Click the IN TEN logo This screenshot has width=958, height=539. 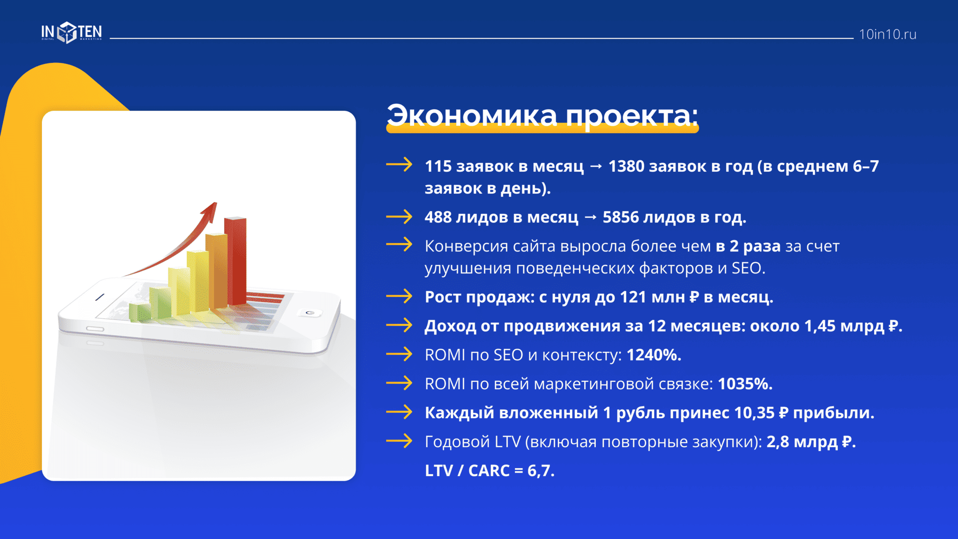click(71, 33)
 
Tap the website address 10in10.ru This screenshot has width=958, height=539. click(888, 34)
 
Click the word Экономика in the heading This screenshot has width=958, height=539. click(472, 116)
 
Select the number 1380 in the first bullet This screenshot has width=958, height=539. click(626, 166)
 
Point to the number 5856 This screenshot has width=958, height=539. click(621, 217)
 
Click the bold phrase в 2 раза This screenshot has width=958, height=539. click(748, 246)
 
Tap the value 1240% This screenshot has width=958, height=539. click(654, 355)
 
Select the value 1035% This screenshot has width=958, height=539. click(745, 384)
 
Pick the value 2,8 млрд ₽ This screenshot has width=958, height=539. click(811, 442)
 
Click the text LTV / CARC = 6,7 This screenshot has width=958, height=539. click(489, 471)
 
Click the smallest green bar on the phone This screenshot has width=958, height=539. click(140, 312)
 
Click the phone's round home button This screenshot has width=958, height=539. click(310, 312)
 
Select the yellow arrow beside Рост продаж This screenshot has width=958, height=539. click(399, 296)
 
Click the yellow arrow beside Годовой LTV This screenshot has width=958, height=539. click(399, 441)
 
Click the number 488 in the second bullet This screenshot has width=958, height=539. click(438, 217)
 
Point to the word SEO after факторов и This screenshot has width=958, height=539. click(748, 268)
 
